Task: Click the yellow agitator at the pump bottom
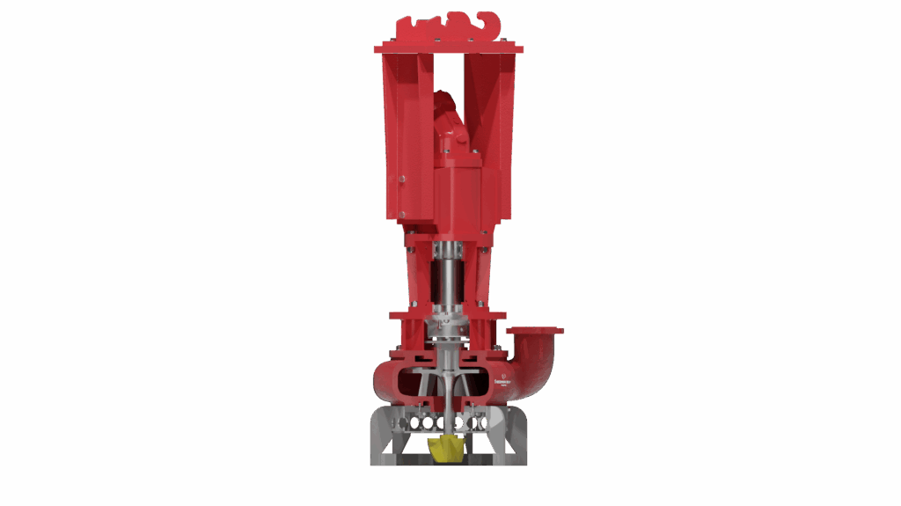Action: pyautogui.click(x=448, y=448)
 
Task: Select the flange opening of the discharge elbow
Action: pyautogui.click(x=534, y=332)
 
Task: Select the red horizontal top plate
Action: pyautogui.click(x=449, y=49)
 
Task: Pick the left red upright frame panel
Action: pyautogui.click(x=398, y=141)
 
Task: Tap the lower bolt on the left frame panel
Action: pyautogui.click(x=400, y=210)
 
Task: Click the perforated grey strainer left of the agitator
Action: pyautogui.click(x=412, y=422)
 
